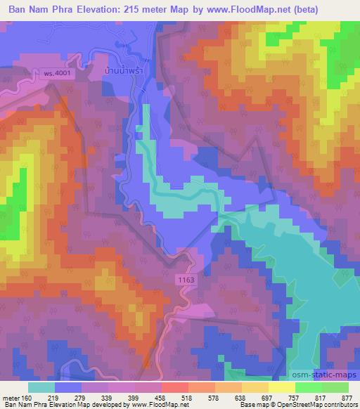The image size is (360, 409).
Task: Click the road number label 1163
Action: (x=186, y=280)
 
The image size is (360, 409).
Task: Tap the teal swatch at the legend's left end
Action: (x=41, y=387)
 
